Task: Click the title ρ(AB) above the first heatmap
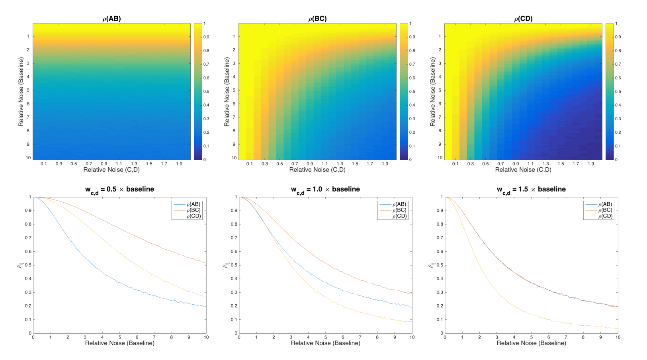[x=111, y=19]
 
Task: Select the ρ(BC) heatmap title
[x=317, y=19]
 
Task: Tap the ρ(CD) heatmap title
[x=523, y=19]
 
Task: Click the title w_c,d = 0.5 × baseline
[x=119, y=190]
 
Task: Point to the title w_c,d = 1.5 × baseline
[x=531, y=190]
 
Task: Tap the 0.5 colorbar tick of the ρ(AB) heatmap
[x=206, y=92]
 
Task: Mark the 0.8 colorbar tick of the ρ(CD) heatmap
[x=618, y=51]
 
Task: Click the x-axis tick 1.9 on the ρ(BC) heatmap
[x=385, y=164]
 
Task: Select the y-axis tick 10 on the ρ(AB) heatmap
[x=28, y=158]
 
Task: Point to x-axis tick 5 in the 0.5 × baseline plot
[x=119, y=337]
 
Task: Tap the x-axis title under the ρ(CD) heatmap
[x=523, y=170]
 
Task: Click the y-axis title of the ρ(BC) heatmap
[x=227, y=92]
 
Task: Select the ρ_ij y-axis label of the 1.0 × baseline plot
[x=227, y=265]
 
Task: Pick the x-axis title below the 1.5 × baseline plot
[x=531, y=343]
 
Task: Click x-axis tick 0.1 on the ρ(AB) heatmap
[x=43, y=164]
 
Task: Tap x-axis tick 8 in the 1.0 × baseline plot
[x=377, y=337]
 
